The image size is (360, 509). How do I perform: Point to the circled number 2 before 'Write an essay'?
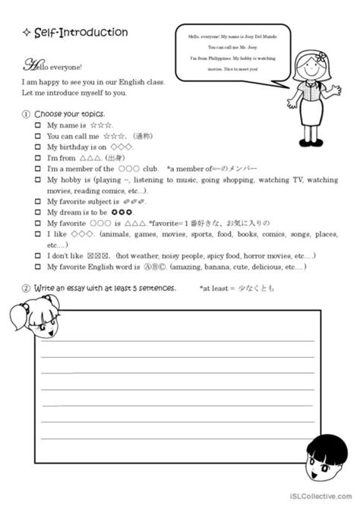pyautogui.click(x=27, y=289)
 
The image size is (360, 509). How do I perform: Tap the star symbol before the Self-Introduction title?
pyautogui.click(x=27, y=33)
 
